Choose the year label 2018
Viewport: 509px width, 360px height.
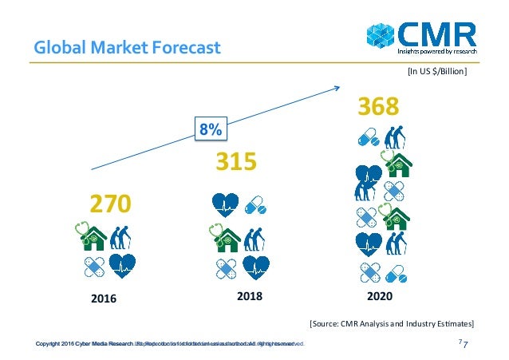click(x=239, y=295)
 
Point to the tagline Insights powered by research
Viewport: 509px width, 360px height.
click(x=438, y=53)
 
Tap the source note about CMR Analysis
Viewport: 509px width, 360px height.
click(x=391, y=323)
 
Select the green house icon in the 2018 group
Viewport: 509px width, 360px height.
click(x=226, y=237)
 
